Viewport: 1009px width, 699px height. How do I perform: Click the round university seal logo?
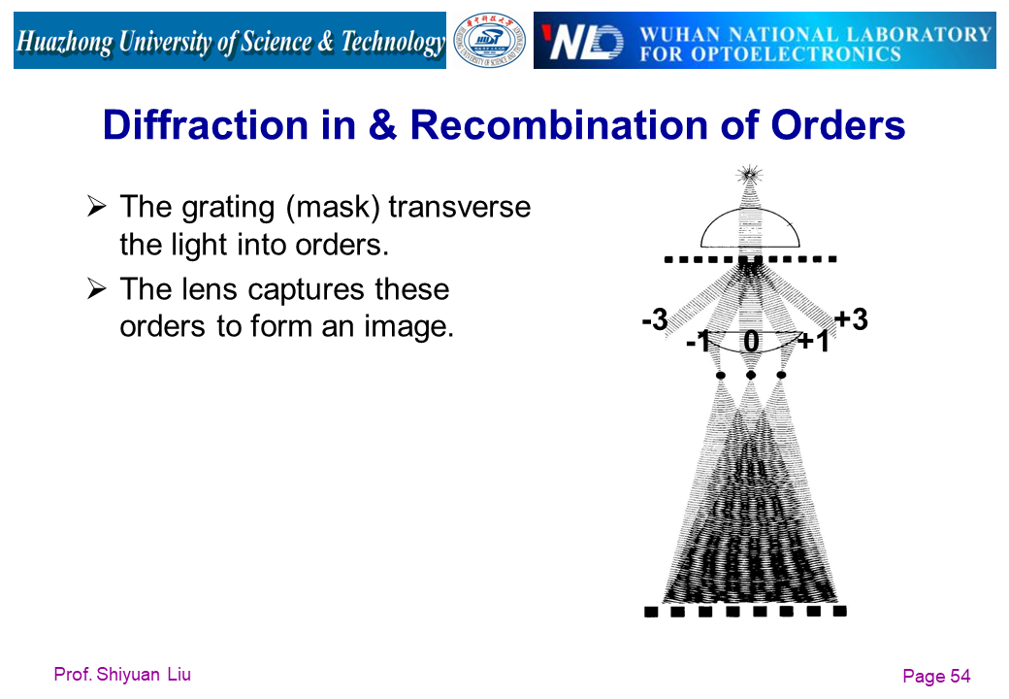click(x=490, y=41)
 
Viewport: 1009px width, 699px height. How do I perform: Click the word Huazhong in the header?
click(x=66, y=42)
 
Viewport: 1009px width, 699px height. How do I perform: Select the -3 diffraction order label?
click(x=655, y=319)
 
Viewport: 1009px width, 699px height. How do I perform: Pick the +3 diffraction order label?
click(x=850, y=319)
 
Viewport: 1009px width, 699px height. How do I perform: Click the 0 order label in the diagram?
click(x=751, y=341)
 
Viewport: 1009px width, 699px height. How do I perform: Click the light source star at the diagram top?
click(x=749, y=175)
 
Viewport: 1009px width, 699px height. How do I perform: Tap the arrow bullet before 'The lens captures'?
click(x=96, y=289)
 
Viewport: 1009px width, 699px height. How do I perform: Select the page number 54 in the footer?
click(x=960, y=677)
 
